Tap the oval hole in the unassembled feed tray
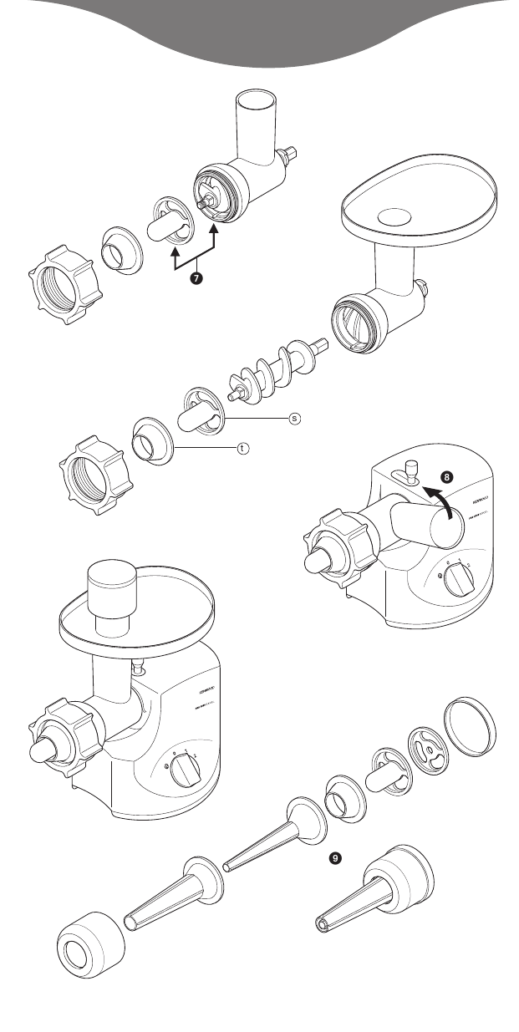point(397,216)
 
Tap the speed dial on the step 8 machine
point(455,582)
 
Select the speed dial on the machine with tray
point(185,775)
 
